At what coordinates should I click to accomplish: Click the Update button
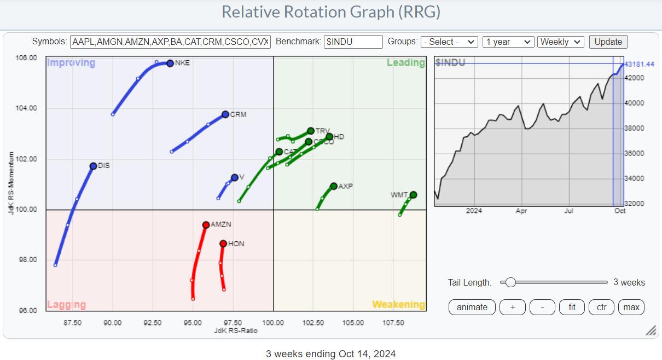point(608,42)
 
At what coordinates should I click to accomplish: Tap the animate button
point(472,307)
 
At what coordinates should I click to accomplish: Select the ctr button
point(601,307)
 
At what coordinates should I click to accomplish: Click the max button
point(631,307)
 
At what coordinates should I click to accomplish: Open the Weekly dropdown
point(561,42)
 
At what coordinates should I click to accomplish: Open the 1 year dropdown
point(508,42)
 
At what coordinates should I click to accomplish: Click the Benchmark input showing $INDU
point(353,42)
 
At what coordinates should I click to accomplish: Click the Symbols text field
point(170,42)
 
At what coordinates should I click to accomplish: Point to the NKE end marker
point(170,63)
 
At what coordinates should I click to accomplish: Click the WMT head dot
point(413,195)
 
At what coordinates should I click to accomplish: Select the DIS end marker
point(94,166)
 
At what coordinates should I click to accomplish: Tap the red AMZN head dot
point(206,225)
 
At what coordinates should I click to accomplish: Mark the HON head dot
point(223,243)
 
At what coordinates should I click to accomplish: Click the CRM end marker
point(225,114)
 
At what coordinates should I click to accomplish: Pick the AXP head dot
point(334,186)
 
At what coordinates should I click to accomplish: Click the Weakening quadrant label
point(398,304)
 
